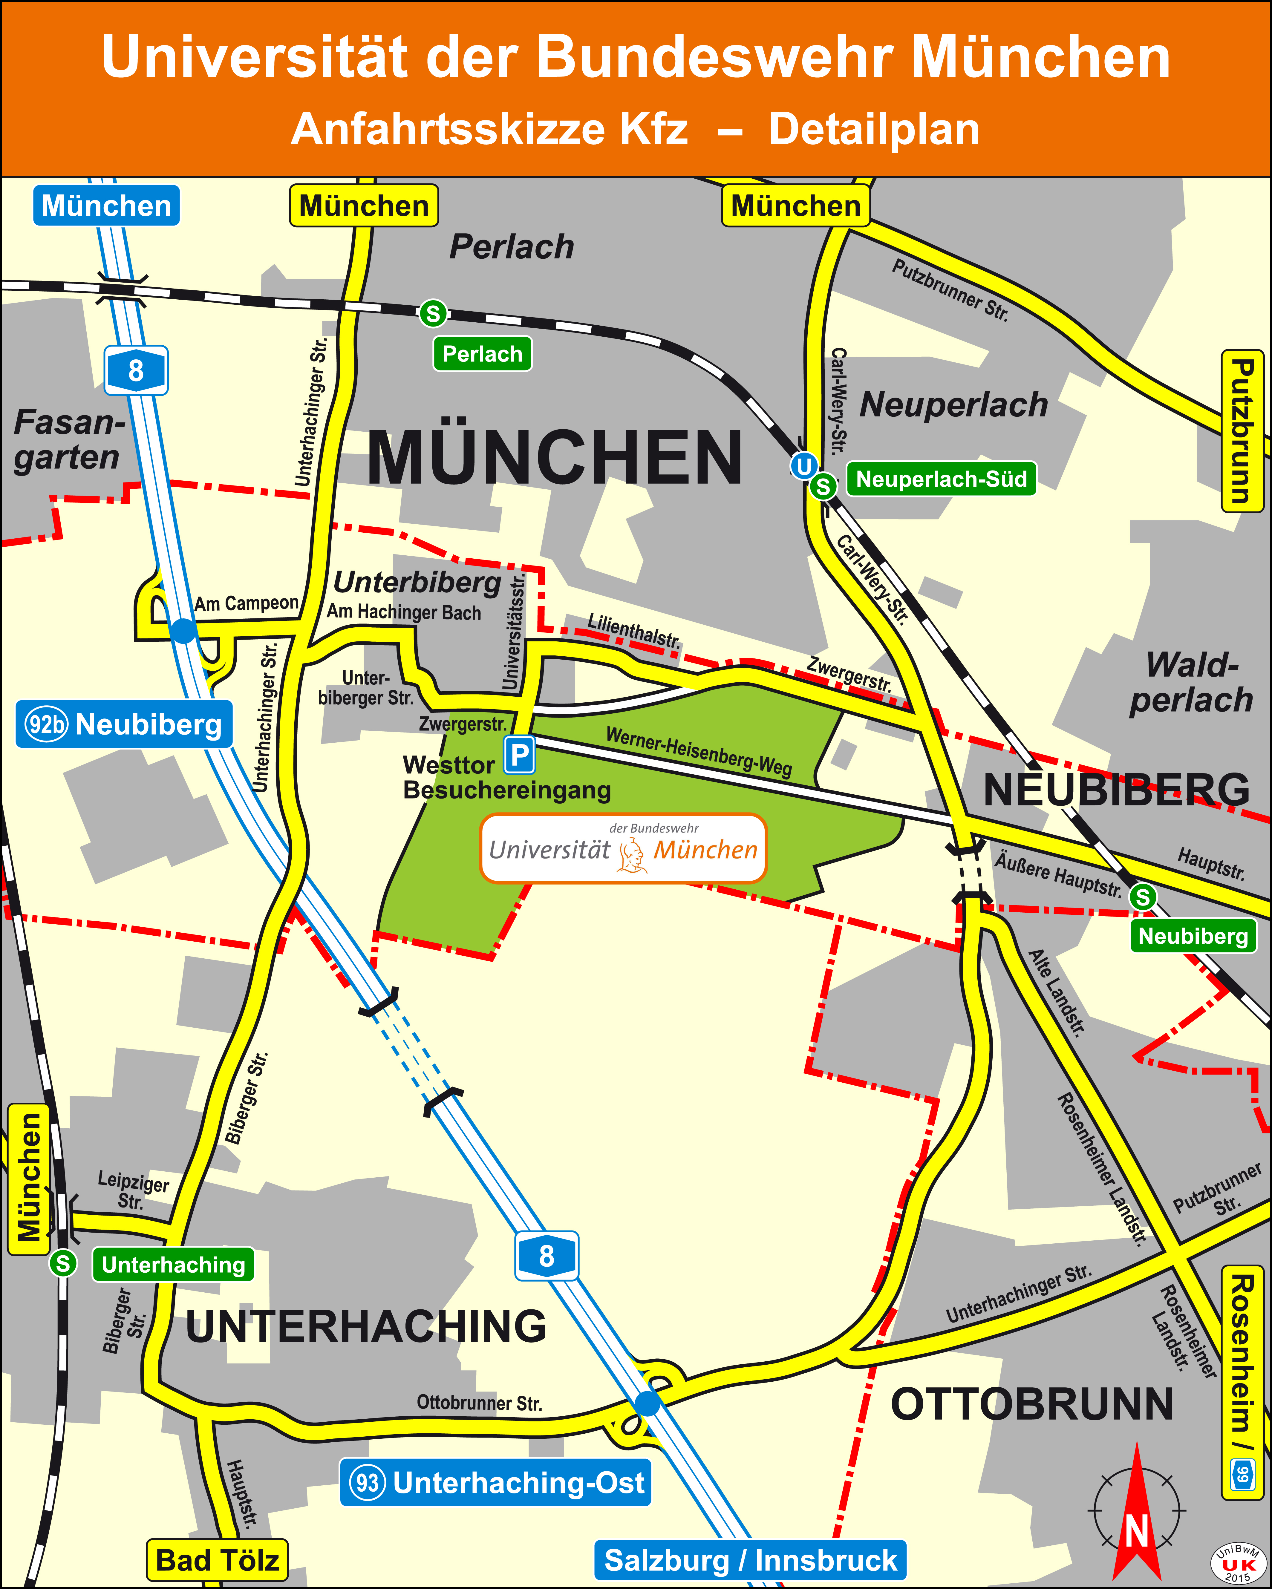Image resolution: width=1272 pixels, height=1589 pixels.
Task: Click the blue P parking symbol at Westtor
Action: tap(520, 756)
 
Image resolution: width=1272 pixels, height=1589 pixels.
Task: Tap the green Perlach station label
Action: tap(482, 354)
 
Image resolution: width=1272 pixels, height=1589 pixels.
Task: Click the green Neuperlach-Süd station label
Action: tap(941, 479)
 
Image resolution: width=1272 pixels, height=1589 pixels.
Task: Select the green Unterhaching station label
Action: tap(173, 1265)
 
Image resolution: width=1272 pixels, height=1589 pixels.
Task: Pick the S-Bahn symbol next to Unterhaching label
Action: tap(63, 1263)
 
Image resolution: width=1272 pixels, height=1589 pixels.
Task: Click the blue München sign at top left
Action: tap(106, 206)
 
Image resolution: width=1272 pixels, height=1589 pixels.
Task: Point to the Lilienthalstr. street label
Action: tap(634, 631)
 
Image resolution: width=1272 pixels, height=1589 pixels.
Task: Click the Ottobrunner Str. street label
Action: tap(479, 1403)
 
